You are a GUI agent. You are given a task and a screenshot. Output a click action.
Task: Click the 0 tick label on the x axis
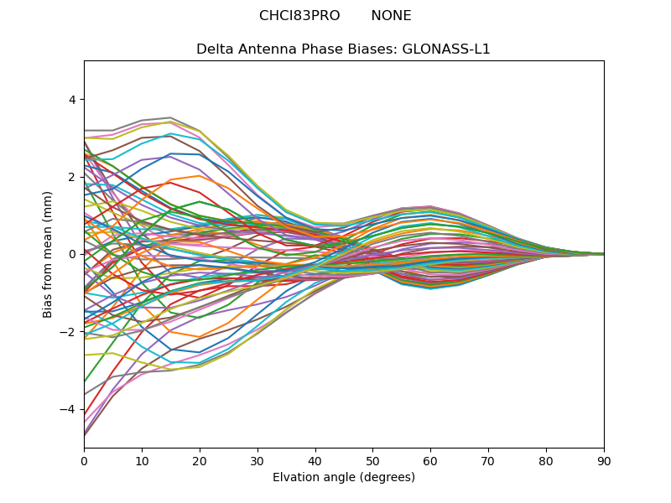(x=84, y=460)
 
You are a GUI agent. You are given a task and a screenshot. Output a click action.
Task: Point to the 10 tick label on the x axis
(x=142, y=460)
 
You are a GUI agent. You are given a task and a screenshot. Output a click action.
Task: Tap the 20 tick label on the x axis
(x=200, y=460)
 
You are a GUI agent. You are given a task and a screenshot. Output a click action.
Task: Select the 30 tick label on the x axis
(x=257, y=460)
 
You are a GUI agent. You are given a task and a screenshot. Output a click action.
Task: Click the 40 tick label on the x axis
(x=315, y=460)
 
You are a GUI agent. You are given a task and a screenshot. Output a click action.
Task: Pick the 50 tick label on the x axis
(x=372, y=460)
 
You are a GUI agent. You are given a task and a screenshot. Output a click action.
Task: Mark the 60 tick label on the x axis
(x=430, y=460)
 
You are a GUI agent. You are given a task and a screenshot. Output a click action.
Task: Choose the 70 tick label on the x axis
(x=488, y=460)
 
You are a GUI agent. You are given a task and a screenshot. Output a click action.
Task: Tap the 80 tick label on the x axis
(x=546, y=460)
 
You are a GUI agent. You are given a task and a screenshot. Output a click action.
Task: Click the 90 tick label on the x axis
(x=604, y=460)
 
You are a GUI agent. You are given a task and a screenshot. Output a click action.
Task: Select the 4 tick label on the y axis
(x=71, y=100)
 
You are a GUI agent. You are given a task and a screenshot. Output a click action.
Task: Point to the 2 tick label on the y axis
(x=71, y=177)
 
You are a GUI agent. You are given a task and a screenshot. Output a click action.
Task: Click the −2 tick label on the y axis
(x=68, y=331)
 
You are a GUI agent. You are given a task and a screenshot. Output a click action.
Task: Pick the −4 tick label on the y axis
(x=68, y=409)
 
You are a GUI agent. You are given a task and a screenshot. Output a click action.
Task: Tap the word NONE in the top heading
(x=391, y=16)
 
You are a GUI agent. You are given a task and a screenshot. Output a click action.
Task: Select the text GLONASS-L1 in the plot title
(x=446, y=49)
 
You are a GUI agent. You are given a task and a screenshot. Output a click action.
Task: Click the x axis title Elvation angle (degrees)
(x=344, y=478)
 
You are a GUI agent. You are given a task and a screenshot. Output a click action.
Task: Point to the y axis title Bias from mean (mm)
(x=48, y=253)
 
